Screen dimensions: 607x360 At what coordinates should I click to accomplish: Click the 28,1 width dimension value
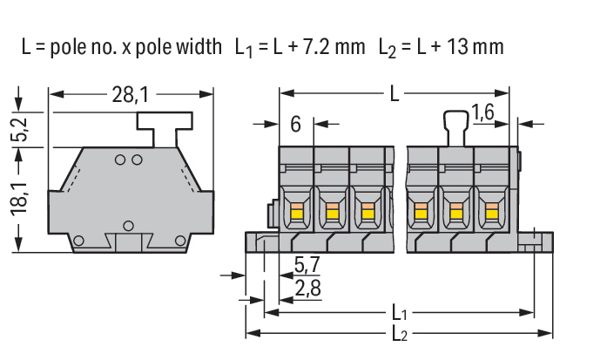(x=130, y=94)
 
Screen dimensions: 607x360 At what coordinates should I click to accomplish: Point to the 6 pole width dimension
(x=295, y=125)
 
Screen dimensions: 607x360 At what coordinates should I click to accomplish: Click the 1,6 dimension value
(x=482, y=112)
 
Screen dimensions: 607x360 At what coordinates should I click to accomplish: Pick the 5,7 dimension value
(x=307, y=265)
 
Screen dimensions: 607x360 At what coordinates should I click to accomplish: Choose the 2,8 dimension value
(x=307, y=289)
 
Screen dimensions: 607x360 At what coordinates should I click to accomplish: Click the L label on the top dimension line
(x=395, y=94)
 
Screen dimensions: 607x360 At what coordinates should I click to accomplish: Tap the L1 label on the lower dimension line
(x=399, y=312)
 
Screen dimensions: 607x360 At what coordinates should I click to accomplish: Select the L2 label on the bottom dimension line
(x=400, y=334)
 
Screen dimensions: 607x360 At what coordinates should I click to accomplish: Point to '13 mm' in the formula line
(x=475, y=47)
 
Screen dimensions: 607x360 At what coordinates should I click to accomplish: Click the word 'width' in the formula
(x=199, y=47)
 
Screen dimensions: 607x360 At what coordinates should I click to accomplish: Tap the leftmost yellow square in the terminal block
(x=296, y=214)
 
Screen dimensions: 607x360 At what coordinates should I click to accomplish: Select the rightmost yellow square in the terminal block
(x=492, y=214)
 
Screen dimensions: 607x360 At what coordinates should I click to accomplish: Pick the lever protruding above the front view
(x=455, y=128)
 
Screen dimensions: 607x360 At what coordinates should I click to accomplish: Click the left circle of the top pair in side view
(x=120, y=160)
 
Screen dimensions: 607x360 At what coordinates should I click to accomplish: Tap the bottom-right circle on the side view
(x=180, y=241)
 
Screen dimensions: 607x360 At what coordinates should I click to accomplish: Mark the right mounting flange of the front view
(x=536, y=242)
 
